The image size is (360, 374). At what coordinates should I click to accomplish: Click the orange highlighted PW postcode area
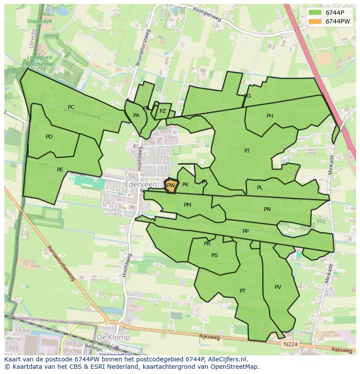[x=171, y=186]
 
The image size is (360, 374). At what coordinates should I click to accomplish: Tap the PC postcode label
[x=71, y=107]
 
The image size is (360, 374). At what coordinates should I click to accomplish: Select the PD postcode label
[x=49, y=137]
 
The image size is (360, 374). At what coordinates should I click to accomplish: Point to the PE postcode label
[x=60, y=170]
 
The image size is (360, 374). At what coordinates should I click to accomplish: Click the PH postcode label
[x=270, y=116]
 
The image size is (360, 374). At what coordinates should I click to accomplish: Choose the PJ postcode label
[x=247, y=151]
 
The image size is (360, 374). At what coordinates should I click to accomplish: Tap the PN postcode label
[x=267, y=209]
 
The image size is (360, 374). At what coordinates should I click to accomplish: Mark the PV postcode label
[x=278, y=287]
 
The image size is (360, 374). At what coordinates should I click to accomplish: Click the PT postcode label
[x=243, y=291]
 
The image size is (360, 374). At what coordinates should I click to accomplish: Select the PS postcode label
[x=214, y=255]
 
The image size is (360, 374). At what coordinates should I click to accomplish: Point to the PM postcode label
[x=187, y=205]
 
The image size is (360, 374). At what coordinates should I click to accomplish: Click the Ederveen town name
[x=141, y=185]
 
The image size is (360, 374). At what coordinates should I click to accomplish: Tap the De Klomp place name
[x=113, y=337]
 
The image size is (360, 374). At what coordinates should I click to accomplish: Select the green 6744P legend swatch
[x=315, y=13]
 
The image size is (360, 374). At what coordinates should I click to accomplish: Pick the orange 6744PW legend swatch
[x=315, y=21]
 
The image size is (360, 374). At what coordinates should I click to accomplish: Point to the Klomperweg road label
[x=207, y=14]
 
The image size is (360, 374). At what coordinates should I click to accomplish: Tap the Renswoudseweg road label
[x=61, y=263]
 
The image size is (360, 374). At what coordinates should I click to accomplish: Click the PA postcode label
[x=136, y=116]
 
